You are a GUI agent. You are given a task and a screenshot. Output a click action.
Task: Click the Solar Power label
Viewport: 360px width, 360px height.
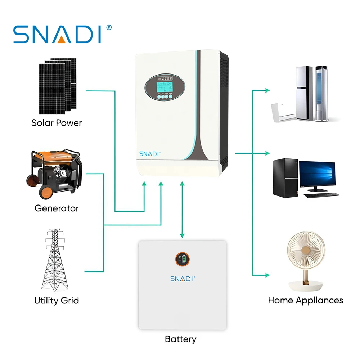click(57, 123)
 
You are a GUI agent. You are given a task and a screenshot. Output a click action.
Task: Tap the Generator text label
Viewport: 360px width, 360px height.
click(57, 208)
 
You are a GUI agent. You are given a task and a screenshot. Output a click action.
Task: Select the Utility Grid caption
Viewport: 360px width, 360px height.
click(57, 300)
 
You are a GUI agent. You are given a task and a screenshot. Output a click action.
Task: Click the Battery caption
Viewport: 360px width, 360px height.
click(180, 339)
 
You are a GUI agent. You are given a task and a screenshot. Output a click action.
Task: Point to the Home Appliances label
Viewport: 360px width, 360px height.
click(305, 300)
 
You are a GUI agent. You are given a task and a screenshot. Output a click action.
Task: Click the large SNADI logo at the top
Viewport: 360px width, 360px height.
click(58, 35)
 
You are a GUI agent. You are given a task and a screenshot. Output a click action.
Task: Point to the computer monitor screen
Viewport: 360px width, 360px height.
click(317, 174)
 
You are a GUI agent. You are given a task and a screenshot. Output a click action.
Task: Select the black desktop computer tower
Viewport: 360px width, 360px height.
click(284, 178)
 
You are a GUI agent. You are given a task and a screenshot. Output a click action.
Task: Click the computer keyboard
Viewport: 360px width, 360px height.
click(321, 195)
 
